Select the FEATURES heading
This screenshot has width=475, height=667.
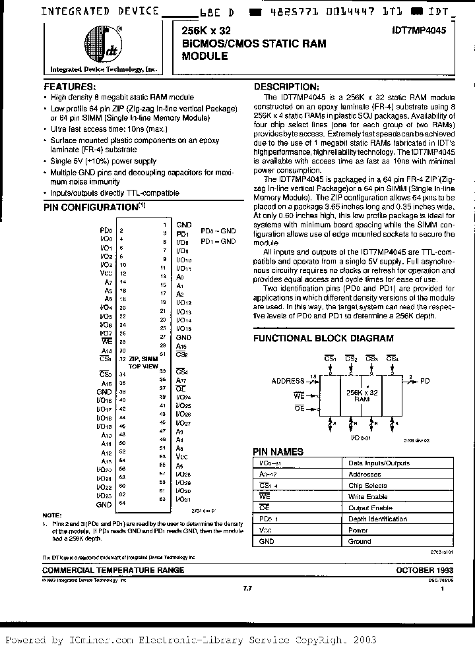click(69, 86)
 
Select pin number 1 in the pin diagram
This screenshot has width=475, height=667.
click(164, 225)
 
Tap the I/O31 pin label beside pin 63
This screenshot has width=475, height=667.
click(183, 499)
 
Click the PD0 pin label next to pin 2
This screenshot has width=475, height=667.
click(104, 230)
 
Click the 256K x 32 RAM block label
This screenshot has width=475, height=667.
click(362, 395)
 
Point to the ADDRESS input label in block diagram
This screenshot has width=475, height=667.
click(288, 380)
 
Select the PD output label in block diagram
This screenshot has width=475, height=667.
click(426, 380)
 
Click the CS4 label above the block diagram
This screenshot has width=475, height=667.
click(393, 359)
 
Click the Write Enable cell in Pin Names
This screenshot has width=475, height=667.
click(367, 496)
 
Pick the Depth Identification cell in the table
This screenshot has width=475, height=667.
click(377, 519)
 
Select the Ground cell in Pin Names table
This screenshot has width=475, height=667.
click(360, 541)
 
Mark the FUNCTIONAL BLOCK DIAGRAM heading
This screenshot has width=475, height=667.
click(323, 338)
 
